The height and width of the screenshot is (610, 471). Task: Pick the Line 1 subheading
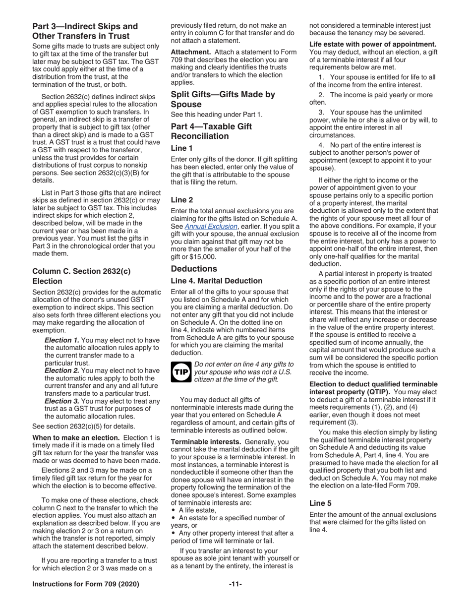click(181, 148)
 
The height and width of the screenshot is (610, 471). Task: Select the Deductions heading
click(194, 269)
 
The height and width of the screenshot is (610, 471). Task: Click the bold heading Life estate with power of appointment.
click(373, 44)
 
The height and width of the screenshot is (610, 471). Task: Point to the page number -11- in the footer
click(235, 584)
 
